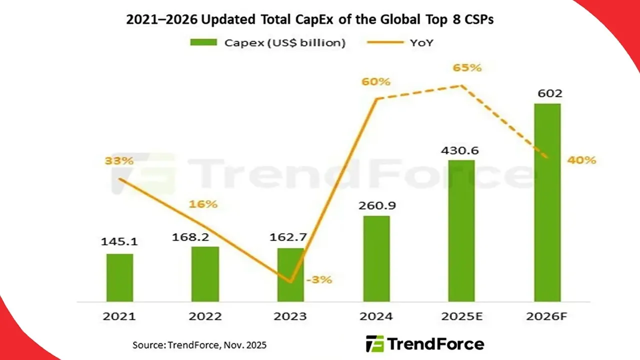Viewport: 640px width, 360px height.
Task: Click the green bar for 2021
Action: tap(119, 277)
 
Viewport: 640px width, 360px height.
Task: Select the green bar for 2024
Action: tap(376, 258)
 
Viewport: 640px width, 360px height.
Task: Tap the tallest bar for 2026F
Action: tap(547, 202)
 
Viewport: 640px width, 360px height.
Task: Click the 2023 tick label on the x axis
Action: tap(290, 316)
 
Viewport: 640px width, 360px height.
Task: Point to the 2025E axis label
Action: tap(461, 316)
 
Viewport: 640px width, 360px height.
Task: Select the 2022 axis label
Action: tap(205, 316)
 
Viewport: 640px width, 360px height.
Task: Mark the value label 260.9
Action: tap(376, 205)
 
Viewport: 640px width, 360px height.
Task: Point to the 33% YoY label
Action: tap(119, 161)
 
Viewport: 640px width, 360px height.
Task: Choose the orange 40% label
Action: tap(582, 160)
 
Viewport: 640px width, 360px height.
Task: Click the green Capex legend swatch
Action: tap(203, 42)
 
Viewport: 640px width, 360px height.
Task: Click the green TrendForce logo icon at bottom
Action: tap(374, 344)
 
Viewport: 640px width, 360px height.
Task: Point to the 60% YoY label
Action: tap(376, 81)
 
